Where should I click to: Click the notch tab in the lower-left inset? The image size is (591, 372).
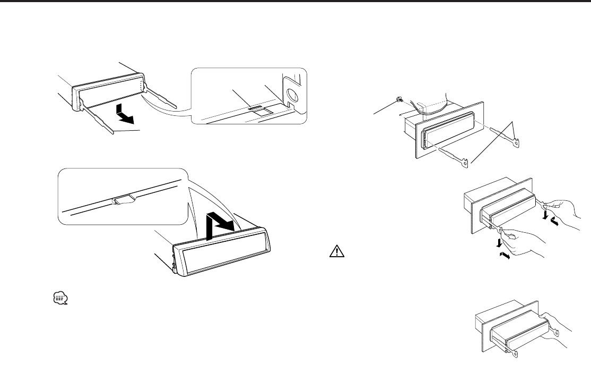123,200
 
